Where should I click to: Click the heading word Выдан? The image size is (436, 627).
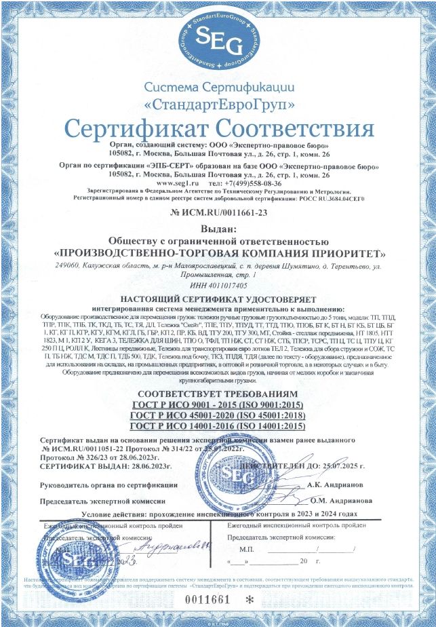(x=218, y=229)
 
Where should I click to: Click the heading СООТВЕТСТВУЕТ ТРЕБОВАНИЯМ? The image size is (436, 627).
(x=218, y=394)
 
